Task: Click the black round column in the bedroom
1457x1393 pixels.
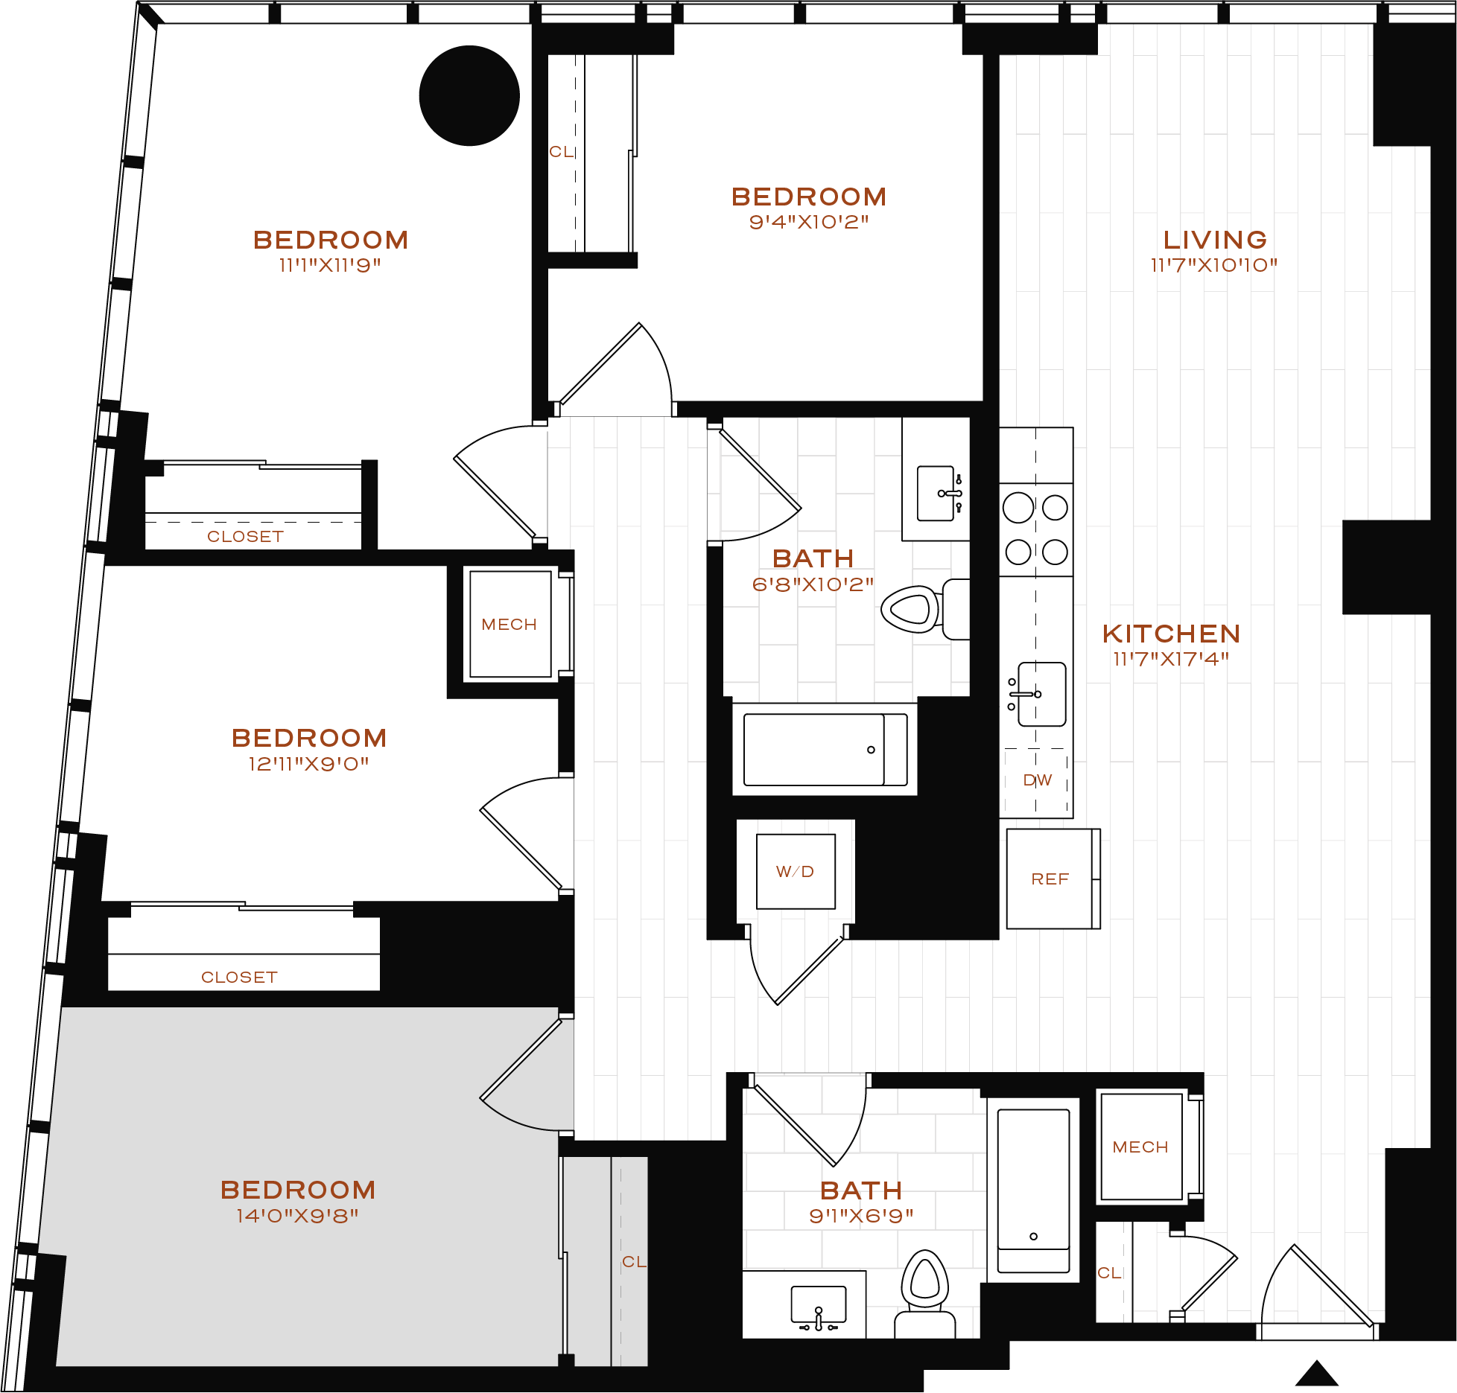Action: pyautogui.click(x=469, y=96)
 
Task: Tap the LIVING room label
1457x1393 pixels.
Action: pyautogui.click(x=1215, y=240)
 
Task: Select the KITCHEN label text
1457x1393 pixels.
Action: pyautogui.click(x=1171, y=634)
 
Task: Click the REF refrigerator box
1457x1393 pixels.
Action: pyautogui.click(x=1050, y=879)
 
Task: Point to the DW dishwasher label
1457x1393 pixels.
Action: pyautogui.click(x=1037, y=780)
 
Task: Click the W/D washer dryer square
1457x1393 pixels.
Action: pyautogui.click(x=796, y=872)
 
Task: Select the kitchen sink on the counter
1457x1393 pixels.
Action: pyautogui.click(x=1041, y=694)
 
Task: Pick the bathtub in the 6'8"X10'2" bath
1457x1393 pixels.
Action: pyautogui.click(x=825, y=750)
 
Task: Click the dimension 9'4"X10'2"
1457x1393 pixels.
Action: pyautogui.click(x=809, y=222)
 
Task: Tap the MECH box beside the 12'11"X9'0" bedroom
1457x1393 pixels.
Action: pyautogui.click(x=510, y=625)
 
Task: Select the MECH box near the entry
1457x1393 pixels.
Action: pyautogui.click(x=1140, y=1147)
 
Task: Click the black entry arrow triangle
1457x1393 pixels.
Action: pyautogui.click(x=1317, y=1374)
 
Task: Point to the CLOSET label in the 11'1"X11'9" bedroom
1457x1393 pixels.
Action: pyautogui.click(x=245, y=537)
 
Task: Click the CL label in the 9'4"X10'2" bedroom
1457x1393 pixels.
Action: pyautogui.click(x=561, y=152)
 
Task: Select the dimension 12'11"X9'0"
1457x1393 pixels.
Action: pyautogui.click(x=308, y=764)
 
